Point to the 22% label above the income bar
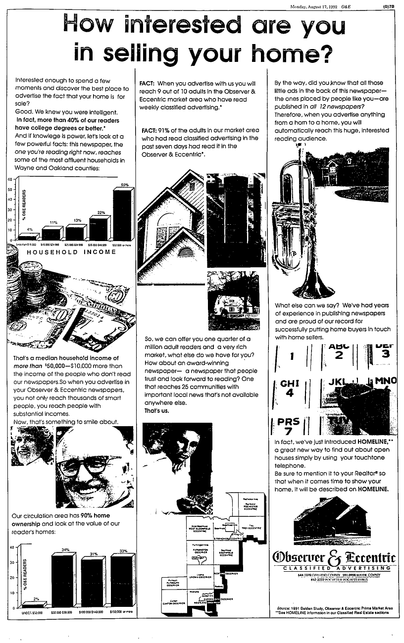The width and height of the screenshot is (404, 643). click(101, 213)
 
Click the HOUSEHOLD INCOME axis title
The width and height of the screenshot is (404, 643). click(71, 252)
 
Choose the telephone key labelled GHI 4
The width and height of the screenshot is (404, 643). click(287, 389)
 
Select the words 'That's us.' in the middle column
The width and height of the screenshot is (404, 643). click(156, 411)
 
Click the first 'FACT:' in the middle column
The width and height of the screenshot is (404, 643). click(148, 83)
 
